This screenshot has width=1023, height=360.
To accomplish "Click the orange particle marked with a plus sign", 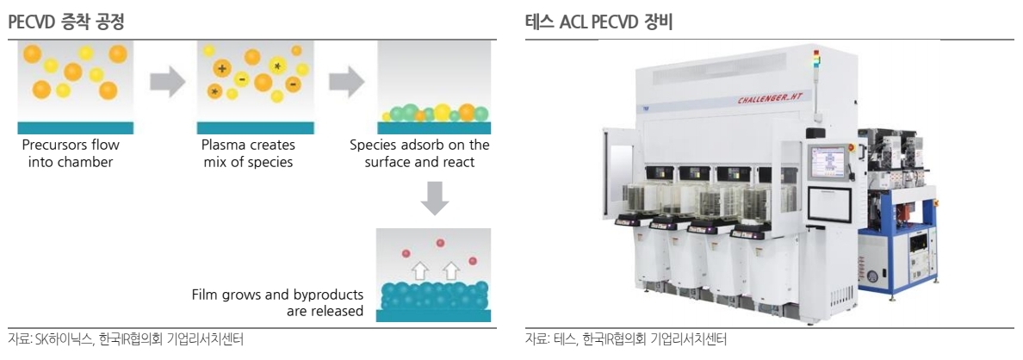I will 223,69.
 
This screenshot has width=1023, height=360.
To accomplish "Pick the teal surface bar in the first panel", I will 75,127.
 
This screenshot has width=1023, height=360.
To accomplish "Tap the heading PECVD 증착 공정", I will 66,23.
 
